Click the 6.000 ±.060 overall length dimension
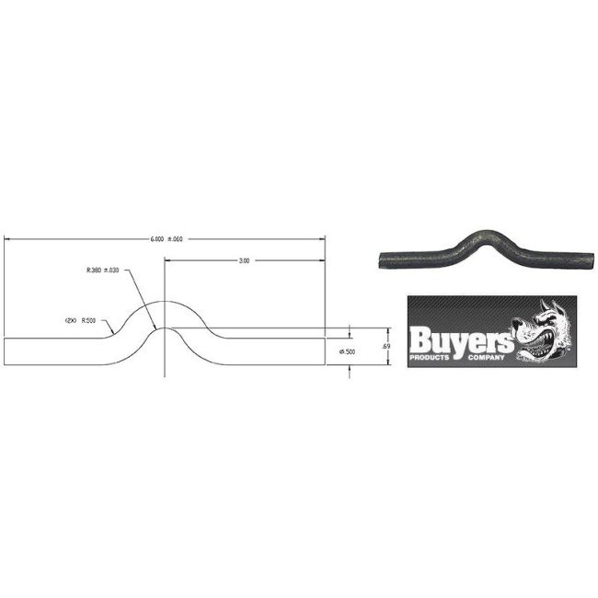(167, 239)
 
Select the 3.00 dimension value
(244, 260)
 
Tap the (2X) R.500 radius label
(81, 320)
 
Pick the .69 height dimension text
(385, 346)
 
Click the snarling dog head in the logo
(543, 331)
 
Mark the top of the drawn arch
(164, 302)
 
